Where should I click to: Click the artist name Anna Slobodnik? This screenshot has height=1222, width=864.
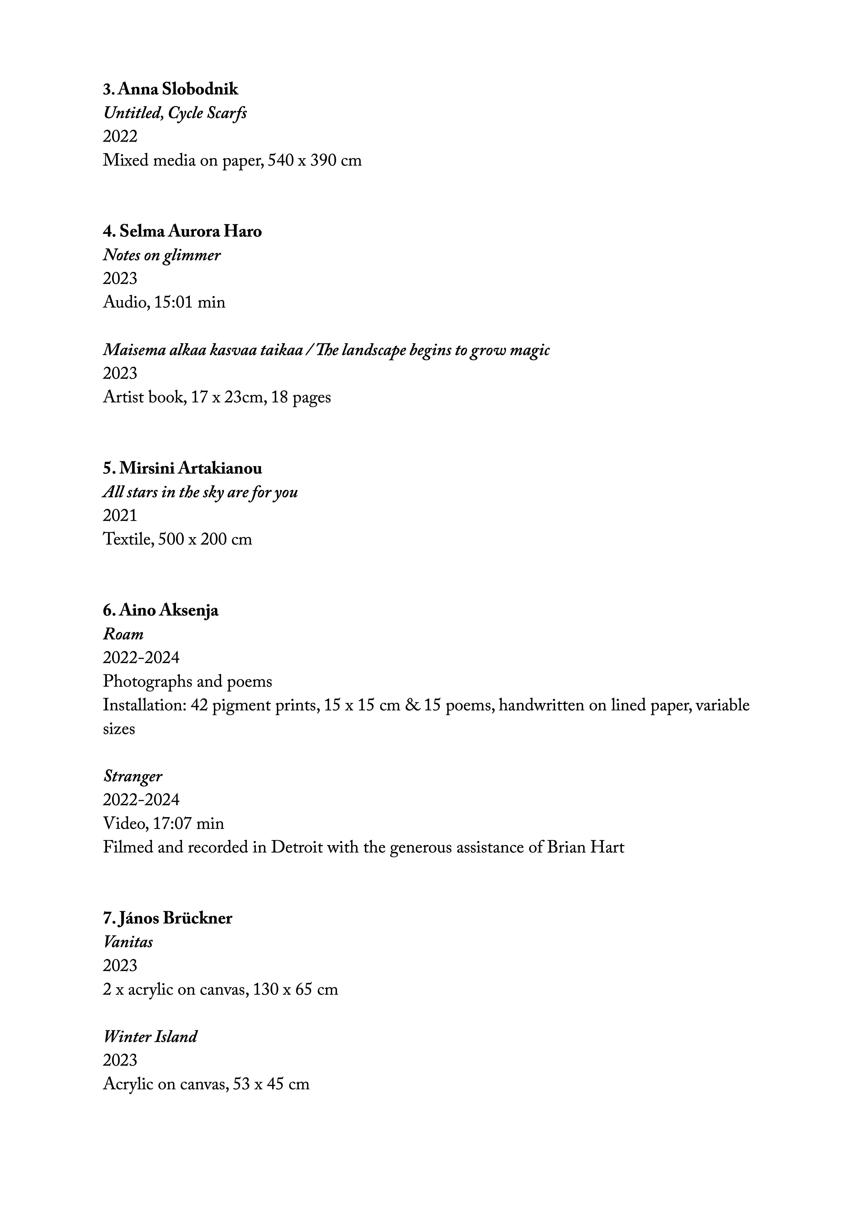coord(178,89)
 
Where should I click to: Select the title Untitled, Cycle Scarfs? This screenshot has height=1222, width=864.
coord(175,113)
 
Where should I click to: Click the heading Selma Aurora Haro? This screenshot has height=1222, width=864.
coord(190,231)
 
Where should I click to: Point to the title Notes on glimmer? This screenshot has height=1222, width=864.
coord(161,256)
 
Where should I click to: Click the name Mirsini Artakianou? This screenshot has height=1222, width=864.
coord(190,469)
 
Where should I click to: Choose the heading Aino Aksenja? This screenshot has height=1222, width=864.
coord(168,610)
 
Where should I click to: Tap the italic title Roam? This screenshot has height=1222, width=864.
coord(123,634)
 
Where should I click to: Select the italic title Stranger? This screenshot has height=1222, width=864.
coord(133,777)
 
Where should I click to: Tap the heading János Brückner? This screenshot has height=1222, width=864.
coord(175,919)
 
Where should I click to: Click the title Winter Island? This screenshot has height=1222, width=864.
coord(150,1037)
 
